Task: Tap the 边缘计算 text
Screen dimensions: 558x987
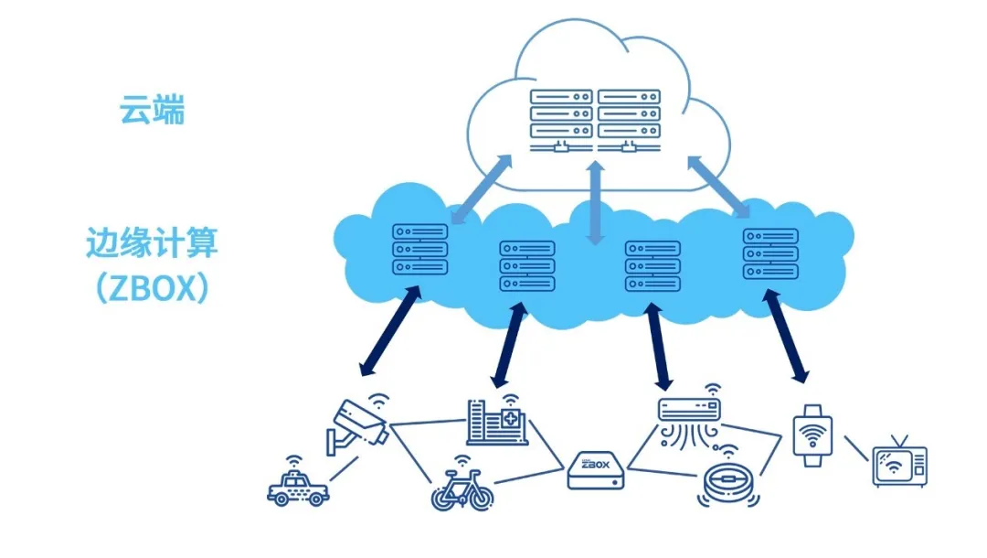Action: click(x=152, y=243)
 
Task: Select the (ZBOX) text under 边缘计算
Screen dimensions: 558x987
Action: click(x=152, y=287)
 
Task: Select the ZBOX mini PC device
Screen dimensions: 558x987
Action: click(x=595, y=470)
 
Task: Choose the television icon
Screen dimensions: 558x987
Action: click(x=899, y=466)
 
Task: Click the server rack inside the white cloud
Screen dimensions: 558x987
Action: click(x=595, y=120)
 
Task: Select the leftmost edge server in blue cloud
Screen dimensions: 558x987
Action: click(x=419, y=250)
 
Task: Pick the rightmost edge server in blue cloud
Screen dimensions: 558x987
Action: click(x=769, y=253)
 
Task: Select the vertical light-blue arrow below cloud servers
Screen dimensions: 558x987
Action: click(x=596, y=204)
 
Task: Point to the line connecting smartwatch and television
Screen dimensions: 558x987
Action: click(x=855, y=449)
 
